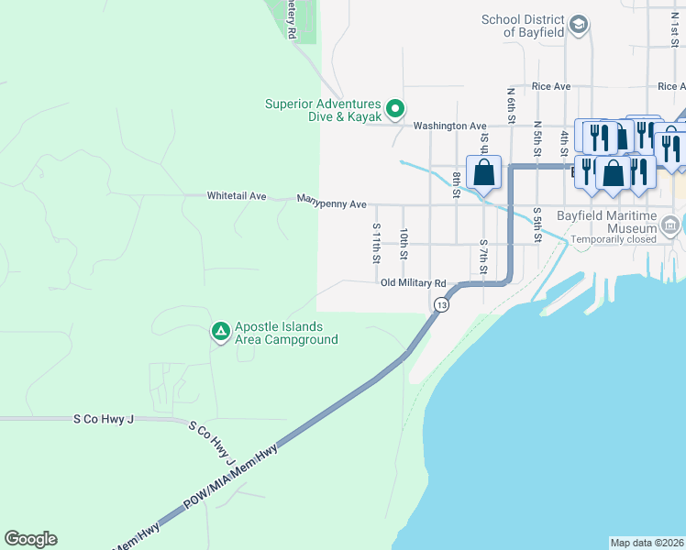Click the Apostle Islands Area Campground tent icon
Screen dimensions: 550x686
point(220,331)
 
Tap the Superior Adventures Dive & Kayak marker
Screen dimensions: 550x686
point(395,109)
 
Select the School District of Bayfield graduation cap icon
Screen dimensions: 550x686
point(578,24)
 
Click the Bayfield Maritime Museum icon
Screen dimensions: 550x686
point(670,225)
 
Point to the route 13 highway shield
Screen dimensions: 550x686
point(442,304)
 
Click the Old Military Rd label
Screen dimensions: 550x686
point(414,283)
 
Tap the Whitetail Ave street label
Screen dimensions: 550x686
point(236,196)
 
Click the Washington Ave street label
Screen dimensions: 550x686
point(449,126)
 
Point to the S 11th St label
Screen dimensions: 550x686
point(376,242)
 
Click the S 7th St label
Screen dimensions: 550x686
point(483,258)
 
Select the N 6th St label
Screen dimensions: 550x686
point(512,103)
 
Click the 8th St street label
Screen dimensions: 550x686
point(456,183)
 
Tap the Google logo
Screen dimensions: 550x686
point(30,539)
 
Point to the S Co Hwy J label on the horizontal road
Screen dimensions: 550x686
point(104,419)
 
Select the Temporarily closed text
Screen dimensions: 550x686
point(614,240)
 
